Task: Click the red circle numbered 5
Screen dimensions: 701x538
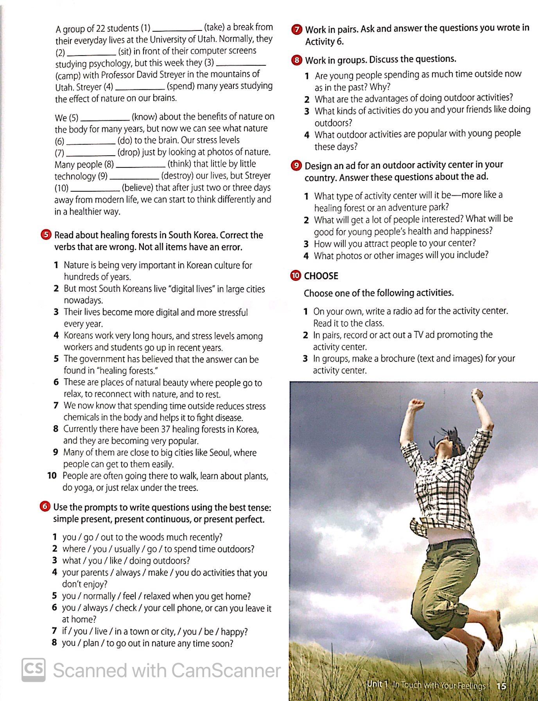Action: point(46,235)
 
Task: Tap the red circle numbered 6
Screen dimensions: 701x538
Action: point(45,507)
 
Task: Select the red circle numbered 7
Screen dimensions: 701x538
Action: point(297,29)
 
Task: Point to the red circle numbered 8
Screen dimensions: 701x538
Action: point(297,60)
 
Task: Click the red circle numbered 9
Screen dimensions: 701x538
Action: point(296,165)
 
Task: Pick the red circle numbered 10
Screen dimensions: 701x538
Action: point(296,276)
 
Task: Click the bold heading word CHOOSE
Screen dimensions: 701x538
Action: point(321,276)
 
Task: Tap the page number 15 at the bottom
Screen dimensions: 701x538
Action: point(501,686)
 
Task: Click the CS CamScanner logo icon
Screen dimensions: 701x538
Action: point(33,670)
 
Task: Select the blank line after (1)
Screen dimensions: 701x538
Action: point(177,30)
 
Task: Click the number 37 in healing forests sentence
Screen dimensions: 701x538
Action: point(165,429)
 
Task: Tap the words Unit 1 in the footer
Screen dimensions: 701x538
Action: point(377,685)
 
